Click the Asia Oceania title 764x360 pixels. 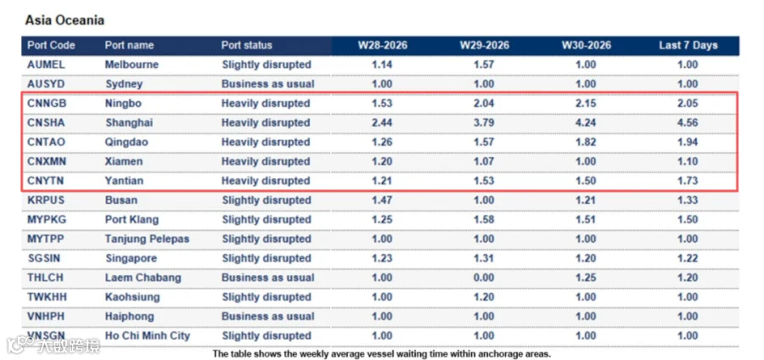(65, 20)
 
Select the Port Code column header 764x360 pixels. (51, 45)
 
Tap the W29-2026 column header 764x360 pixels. (485, 45)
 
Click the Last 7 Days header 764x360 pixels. (688, 45)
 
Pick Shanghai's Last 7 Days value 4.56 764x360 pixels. (688, 123)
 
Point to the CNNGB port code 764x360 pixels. (47, 104)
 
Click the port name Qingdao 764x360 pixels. (126, 143)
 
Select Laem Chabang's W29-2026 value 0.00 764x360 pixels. (484, 278)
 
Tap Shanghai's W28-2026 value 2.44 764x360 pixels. (382, 123)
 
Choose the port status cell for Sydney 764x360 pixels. (268, 84)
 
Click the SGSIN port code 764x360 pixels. (44, 258)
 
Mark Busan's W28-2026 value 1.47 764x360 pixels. (382, 200)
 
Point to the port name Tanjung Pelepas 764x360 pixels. (147, 239)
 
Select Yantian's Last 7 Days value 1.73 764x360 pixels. (688, 181)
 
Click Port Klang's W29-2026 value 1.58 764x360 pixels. (484, 220)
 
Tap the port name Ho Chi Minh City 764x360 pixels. (148, 335)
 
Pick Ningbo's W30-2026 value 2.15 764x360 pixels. (586, 104)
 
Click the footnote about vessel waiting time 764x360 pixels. (381, 354)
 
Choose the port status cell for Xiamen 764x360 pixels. (266, 161)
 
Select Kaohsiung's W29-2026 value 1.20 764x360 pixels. (484, 297)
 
